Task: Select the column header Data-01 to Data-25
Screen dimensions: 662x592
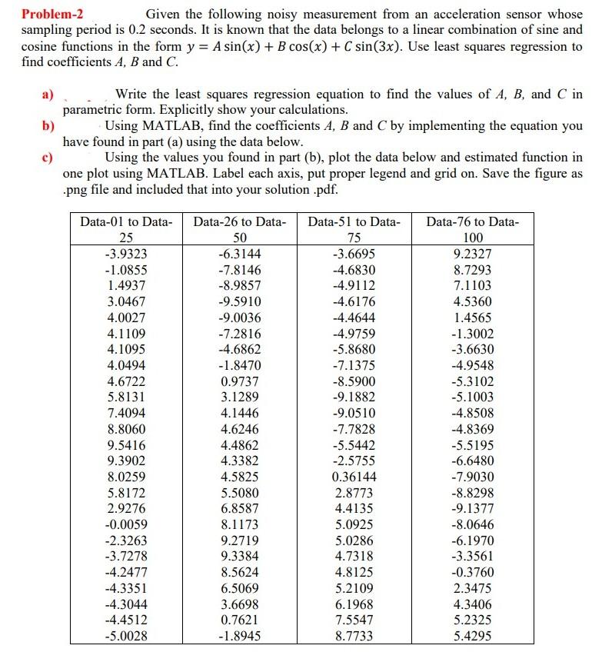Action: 126,229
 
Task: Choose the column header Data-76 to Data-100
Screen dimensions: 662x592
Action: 473,229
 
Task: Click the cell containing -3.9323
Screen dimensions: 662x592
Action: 126,254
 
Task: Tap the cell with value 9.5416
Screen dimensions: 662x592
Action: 126,445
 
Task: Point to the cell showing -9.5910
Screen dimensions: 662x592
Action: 239,302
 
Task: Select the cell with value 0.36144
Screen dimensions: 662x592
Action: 354,477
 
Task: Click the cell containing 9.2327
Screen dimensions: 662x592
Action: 473,254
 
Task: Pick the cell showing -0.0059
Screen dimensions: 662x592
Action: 126,524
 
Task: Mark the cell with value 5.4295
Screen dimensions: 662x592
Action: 473,636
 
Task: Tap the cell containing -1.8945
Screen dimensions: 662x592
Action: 239,636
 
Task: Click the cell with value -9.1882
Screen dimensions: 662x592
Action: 354,398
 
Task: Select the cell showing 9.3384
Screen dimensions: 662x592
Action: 239,556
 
